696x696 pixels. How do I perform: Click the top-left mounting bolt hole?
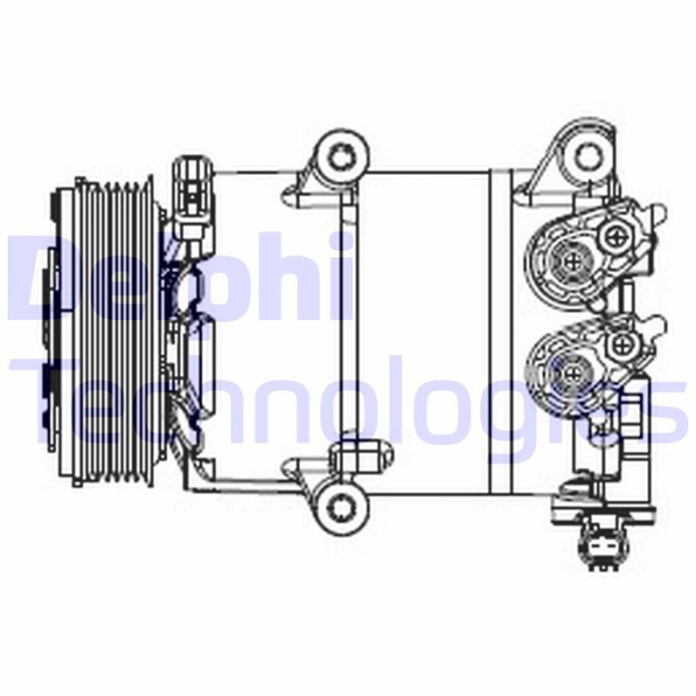(342, 156)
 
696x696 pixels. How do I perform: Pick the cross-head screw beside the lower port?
(623, 345)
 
